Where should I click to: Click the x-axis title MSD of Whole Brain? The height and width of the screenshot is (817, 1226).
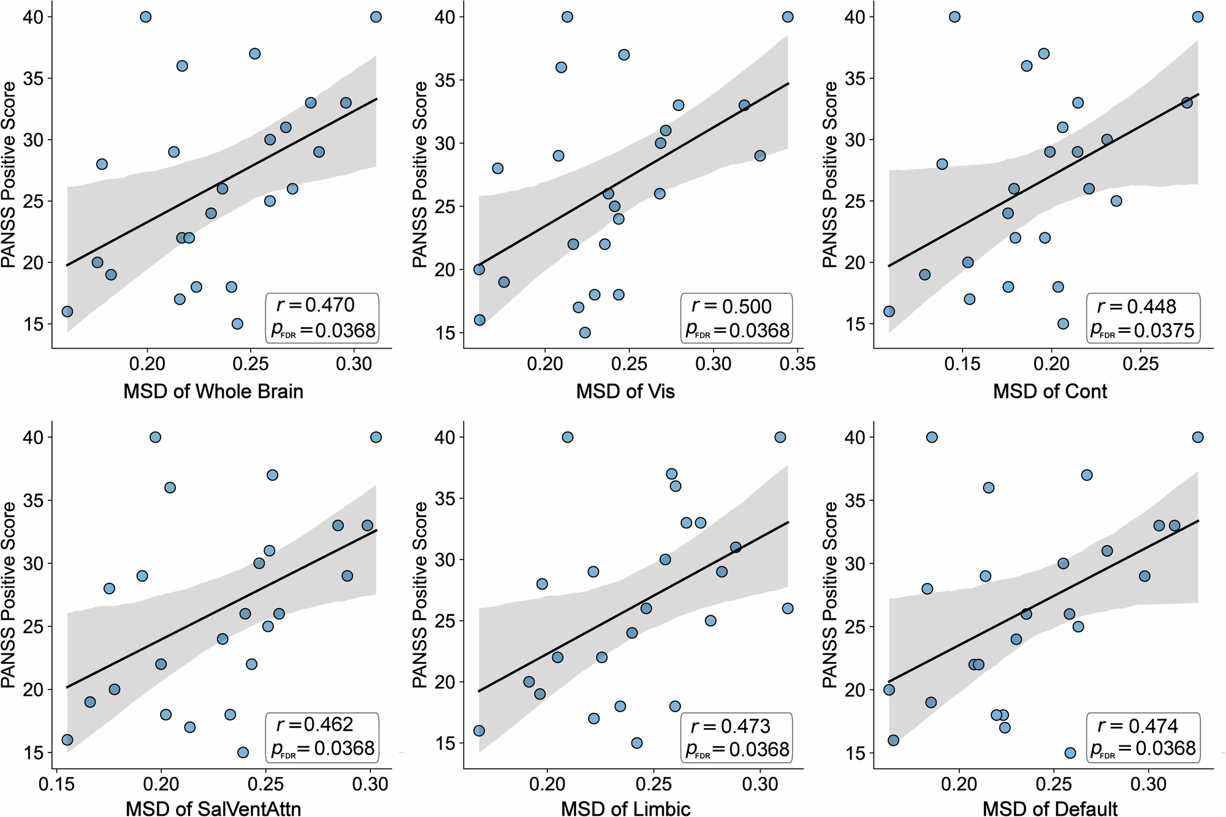coord(213,392)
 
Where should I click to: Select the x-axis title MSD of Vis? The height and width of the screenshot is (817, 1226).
coord(625,392)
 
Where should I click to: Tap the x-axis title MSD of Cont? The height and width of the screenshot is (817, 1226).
coord(1050,392)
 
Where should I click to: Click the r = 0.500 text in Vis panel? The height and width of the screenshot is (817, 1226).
coord(731,306)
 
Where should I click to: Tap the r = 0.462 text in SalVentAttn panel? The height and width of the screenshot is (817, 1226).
coord(314,724)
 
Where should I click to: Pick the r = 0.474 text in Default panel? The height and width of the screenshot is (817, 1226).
coord(1138,726)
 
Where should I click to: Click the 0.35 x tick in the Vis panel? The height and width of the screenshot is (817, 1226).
coord(798,365)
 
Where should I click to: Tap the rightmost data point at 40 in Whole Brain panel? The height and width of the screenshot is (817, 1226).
coord(376,17)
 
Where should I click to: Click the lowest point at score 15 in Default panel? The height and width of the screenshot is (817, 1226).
coord(1070,753)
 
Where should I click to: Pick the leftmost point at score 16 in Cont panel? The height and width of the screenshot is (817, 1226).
coord(889,311)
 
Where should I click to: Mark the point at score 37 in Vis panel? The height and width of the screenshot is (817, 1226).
coord(624,55)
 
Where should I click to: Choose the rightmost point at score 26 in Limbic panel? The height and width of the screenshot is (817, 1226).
coord(788,609)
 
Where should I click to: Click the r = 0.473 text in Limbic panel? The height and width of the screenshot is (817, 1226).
coord(729,726)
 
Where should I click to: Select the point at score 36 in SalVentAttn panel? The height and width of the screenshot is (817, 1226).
coord(170,488)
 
